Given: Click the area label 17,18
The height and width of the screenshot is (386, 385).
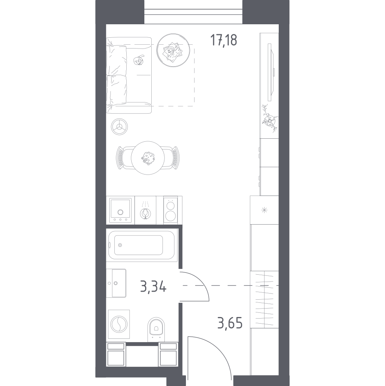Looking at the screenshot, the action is coord(224,40).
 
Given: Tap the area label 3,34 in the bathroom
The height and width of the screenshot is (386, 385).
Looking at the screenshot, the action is coord(153,286).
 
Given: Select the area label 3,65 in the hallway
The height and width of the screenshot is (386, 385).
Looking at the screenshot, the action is coord(230,323).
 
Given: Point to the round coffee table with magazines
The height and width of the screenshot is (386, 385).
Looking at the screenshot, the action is coord(173,50).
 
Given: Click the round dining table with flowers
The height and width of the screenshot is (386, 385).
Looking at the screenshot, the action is coord(147,158).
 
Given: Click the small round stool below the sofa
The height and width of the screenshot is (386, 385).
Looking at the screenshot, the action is coord(119,127).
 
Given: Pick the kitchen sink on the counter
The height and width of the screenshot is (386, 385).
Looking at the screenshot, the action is coord(120,210).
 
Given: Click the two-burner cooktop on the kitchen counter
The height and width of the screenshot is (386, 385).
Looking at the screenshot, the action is coord(171,210).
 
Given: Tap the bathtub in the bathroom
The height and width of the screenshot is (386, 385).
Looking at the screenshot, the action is coord(141,245).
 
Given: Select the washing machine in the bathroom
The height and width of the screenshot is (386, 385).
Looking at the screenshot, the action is coord(119,324).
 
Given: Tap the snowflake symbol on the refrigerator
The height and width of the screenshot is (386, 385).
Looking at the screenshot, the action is coord(264,210).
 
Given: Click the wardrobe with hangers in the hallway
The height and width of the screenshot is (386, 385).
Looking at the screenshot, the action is coord(264,300).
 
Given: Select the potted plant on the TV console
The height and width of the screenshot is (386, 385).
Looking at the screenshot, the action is coord(270,119).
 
